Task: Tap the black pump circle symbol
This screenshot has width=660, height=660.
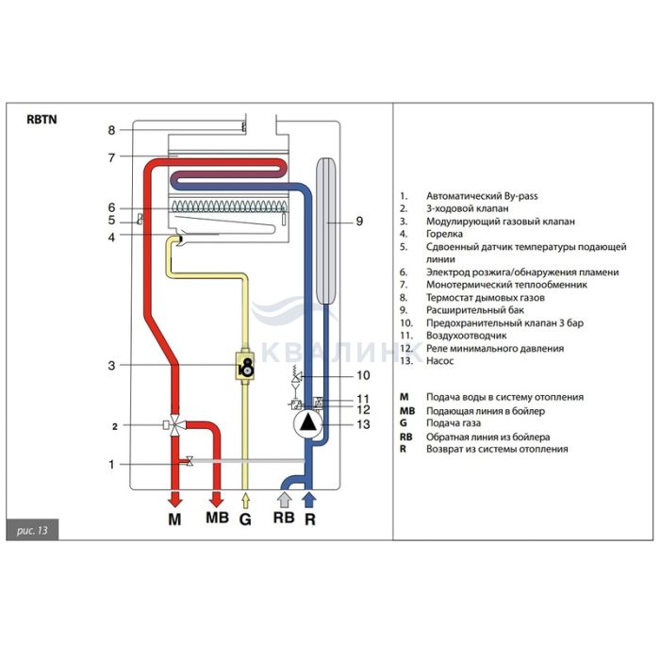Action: [309, 424]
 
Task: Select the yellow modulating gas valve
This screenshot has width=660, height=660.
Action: [247, 365]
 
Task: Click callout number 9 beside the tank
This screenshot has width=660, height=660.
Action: [359, 223]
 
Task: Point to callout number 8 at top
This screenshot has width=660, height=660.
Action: [111, 130]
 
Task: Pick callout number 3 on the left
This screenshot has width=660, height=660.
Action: [111, 365]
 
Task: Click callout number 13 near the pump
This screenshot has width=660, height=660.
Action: [362, 425]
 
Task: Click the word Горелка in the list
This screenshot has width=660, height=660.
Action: [445, 234]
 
